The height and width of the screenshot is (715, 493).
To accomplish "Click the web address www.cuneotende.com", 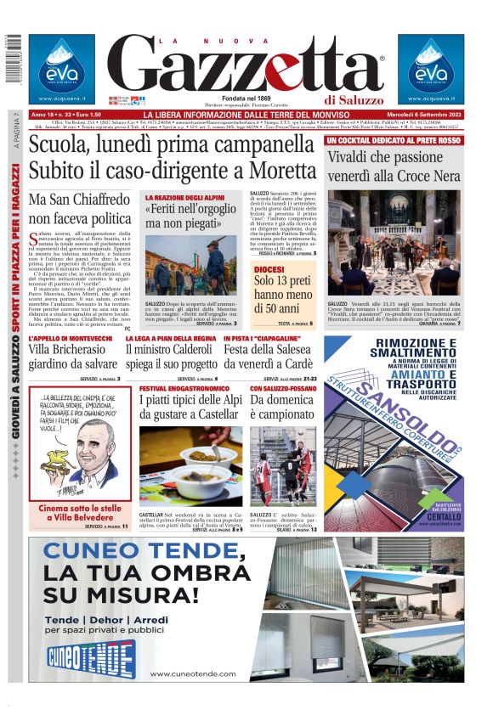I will (192, 673).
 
